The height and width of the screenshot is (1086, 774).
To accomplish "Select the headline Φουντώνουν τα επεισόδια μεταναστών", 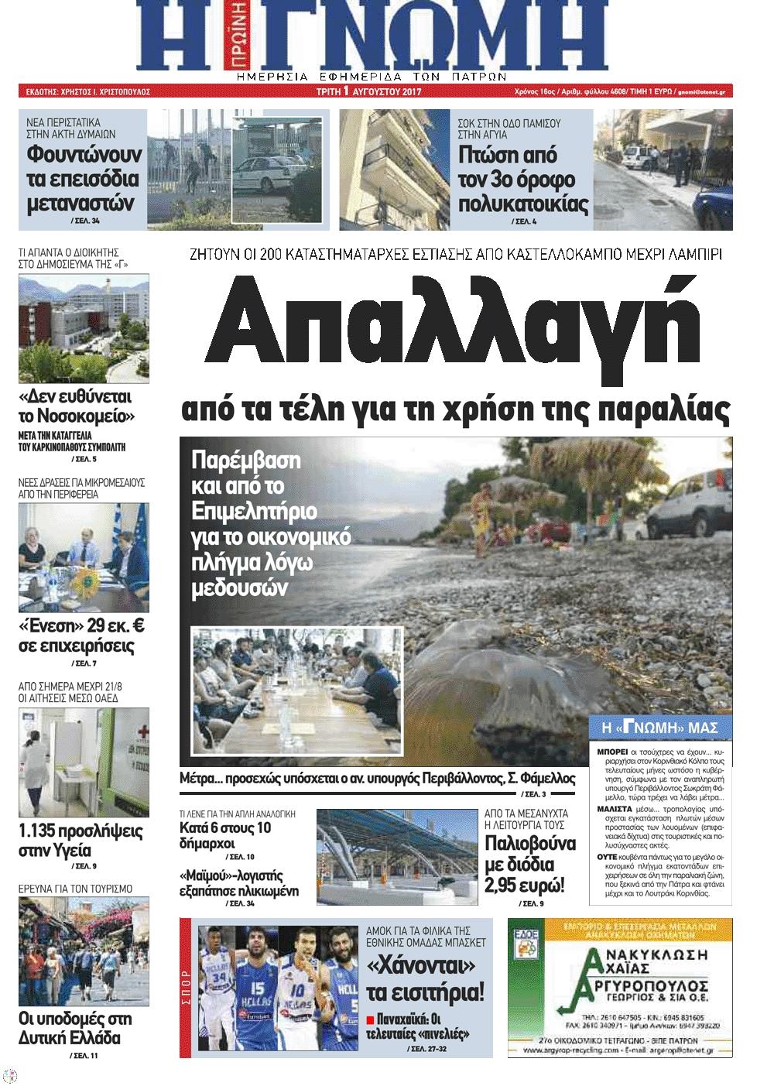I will click(x=83, y=179).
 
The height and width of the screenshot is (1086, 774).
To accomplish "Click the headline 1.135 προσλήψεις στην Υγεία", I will click(x=80, y=841).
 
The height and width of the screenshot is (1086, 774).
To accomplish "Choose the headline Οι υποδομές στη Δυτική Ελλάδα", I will click(x=75, y=1029).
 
